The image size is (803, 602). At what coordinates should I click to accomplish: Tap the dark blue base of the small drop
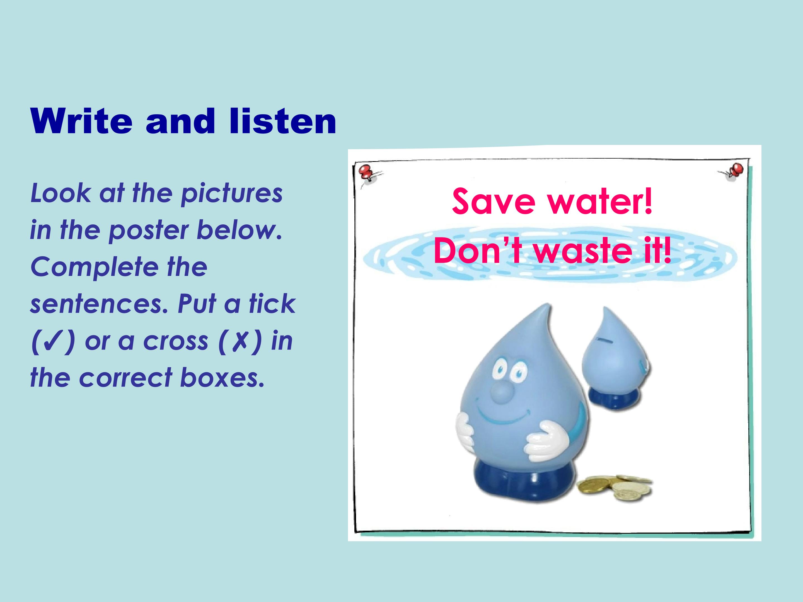(613, 399)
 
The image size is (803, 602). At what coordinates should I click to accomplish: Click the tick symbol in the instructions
(53, 341)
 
